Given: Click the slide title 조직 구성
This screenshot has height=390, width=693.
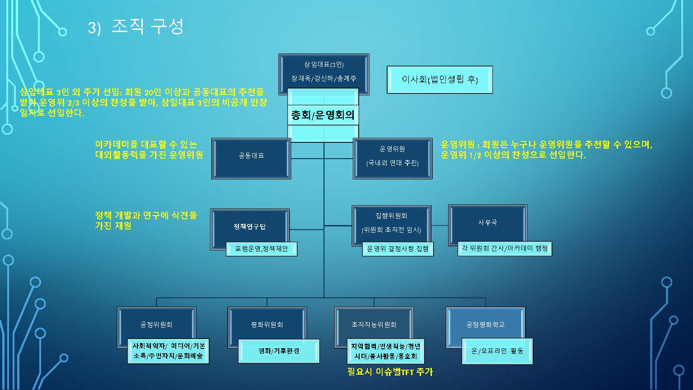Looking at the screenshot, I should (x=147, y=27).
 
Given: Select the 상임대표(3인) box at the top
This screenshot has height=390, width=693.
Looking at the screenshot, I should (x=323, y=65).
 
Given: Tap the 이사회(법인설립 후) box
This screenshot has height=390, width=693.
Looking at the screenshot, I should (x=440, y=80).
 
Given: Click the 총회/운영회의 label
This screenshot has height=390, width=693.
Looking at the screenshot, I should (x=323, y=115).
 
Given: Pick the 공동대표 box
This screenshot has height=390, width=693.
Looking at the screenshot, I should (x=251, y=156).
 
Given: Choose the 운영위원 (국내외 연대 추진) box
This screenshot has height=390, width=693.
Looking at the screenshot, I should (x=392, y=156).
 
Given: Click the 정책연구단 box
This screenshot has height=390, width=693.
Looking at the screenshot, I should (x=249, y=226).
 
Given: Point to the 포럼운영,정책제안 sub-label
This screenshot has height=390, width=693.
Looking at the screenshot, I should (x=262, y=249).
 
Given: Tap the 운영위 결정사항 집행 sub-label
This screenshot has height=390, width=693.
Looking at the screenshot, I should (x=398, y=249).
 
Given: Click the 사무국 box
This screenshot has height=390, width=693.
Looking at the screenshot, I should (x=487, y=223).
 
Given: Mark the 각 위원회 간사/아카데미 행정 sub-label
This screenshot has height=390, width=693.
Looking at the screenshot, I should (x=505, y=248).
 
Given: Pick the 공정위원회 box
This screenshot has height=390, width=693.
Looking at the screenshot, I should (x=156, y=324).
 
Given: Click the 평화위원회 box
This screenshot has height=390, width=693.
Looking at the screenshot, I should (x=267, y=324).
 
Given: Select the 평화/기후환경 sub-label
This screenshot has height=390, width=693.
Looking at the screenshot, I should (x=279, y=351).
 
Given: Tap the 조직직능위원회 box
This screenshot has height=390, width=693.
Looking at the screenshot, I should (x=374, y=324).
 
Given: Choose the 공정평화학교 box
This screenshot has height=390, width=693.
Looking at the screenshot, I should (x=485, y=324).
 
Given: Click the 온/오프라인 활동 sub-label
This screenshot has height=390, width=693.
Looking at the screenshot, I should (x=497, y=351).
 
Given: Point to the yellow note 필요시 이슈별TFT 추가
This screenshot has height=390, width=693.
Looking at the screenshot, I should (x=390, y=372).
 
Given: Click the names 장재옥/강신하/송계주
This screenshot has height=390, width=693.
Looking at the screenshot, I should (x=323, y=79).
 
